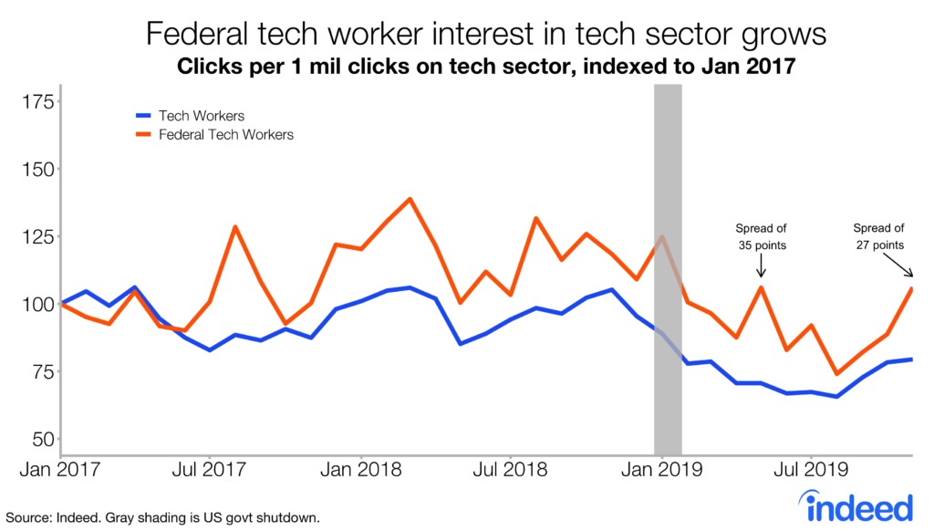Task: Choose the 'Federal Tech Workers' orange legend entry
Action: point(226,134)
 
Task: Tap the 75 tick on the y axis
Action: point(40,371)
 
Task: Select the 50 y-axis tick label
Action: point(40,439)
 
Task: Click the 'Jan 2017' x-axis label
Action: point(60,472)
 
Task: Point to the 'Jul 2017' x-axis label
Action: point(211,472)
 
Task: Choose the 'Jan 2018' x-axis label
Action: point(362,472)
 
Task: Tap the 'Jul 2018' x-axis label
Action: point(511,472)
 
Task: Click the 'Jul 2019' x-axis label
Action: point(812,472)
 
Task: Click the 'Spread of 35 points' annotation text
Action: point(761,236)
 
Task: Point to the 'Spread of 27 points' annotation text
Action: point(879,236)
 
